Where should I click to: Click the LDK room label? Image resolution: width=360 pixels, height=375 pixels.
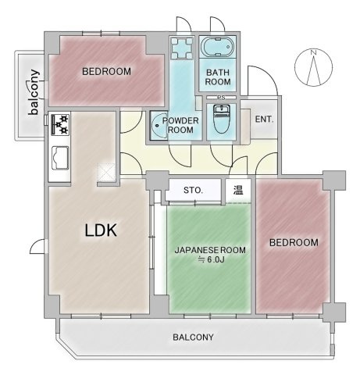pyautogui.click(x=101, y=230)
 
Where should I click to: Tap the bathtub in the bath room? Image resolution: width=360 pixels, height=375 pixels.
pyautogui.click(x=218, y=47)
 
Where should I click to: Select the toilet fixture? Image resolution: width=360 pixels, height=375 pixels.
pyautogui.click(x=221, y=120)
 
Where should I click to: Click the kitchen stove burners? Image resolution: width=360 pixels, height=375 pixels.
pyautogui.click(x=60, y=124)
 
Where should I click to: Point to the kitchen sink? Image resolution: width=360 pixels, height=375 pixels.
pyautogui.click(x=60, y=158)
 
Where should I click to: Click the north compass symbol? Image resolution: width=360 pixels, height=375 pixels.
pyautogui.click(x=314, y=67)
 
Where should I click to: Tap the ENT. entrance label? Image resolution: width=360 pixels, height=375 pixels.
pyautogui.click(x=264, y=120)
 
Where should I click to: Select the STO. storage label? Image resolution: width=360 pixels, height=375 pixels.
pyautogui.click(x=193, y=190)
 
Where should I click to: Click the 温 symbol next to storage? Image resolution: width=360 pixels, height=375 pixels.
pyautogui.click(x=238, y=190)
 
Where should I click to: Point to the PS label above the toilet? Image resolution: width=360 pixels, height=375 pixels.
pyautogui.click(x=221, y=98)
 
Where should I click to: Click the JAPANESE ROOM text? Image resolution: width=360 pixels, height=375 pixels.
pyautogui.click(x=210, y=250)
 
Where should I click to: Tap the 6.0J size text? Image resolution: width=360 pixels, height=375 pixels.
pyautogui.click(x=216, y=259)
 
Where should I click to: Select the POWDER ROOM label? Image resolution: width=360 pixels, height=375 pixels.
pyautogui.click(x=180, y=125)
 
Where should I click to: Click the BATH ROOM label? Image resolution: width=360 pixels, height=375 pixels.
pyautogui.click(x=218, y=77)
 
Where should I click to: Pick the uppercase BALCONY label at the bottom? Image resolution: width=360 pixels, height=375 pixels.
pyautogui.click(x=193, y=337)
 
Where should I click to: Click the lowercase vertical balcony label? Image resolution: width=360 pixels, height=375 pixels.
pyautogui.click(x=34, y=92)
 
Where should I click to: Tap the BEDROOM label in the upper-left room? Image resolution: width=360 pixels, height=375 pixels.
pyautogui.click(x=106, y=71)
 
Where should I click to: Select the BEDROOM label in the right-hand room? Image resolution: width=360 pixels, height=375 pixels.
pyautogui.click(x=294, y=242)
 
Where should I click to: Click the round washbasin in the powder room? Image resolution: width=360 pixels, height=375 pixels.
pyautogui.click(x=159, y=125)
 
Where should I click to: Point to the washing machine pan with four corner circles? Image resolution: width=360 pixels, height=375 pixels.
pyautogui.click(x=182, y=48)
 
